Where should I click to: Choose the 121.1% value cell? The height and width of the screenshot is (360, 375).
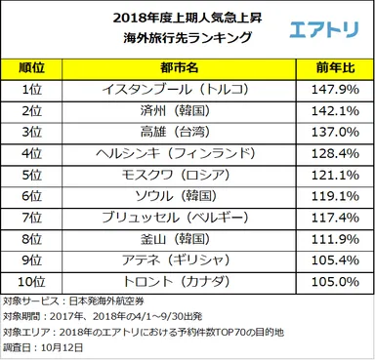[329, 175]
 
